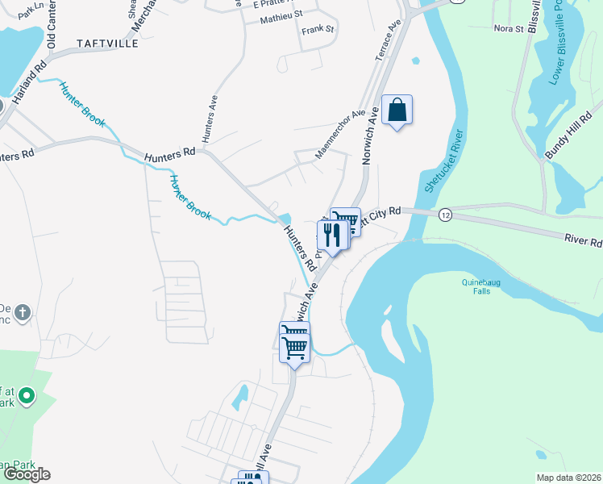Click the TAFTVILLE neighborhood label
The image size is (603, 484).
(x=107, y=43)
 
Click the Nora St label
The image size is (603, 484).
(x=509, y=29)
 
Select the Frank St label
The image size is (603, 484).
(x=318, y=30)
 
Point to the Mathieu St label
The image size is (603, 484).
(x=281, y=15)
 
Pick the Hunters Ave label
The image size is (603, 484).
(x=211, y=119)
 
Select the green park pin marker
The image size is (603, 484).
(x=27, y=396)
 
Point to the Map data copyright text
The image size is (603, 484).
(x=568, y=478)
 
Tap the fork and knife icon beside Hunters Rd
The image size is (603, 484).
(x=332, y=235)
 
